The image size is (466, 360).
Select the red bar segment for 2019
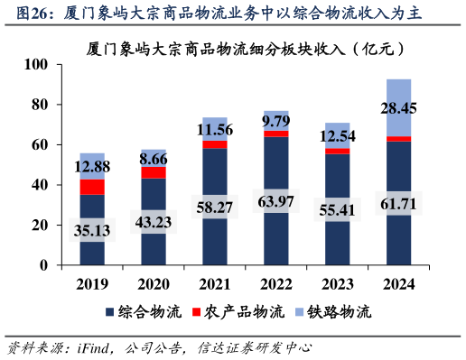tap(92, 187)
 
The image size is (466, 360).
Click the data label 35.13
tap(92, 231)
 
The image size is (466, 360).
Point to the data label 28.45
tap(398, 109)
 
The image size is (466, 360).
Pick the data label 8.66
tap(154, 159)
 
